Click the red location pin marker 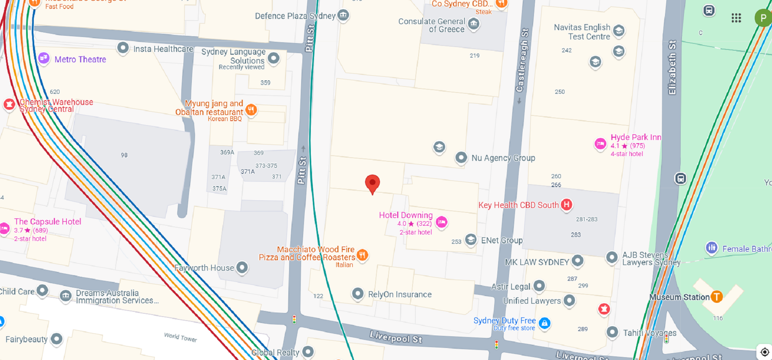pos(372,183)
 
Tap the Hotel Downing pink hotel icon pos(441,222)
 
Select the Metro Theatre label pos(80,60)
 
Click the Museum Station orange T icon pos(717,297)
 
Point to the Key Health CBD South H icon pos(566,205)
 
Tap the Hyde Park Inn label pos(635,137)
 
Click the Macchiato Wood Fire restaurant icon pos(362,255)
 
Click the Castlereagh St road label pos(522,60)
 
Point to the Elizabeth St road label pos(672,67)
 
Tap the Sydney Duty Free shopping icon pos(544,323)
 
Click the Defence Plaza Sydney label pos(295,16)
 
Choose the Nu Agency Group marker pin pos(461,158)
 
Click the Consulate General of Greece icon pos(474,24)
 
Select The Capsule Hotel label pos(47,222)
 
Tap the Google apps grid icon pos(736,18)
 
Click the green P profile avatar pos(763,18)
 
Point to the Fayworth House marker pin pos(242,267)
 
